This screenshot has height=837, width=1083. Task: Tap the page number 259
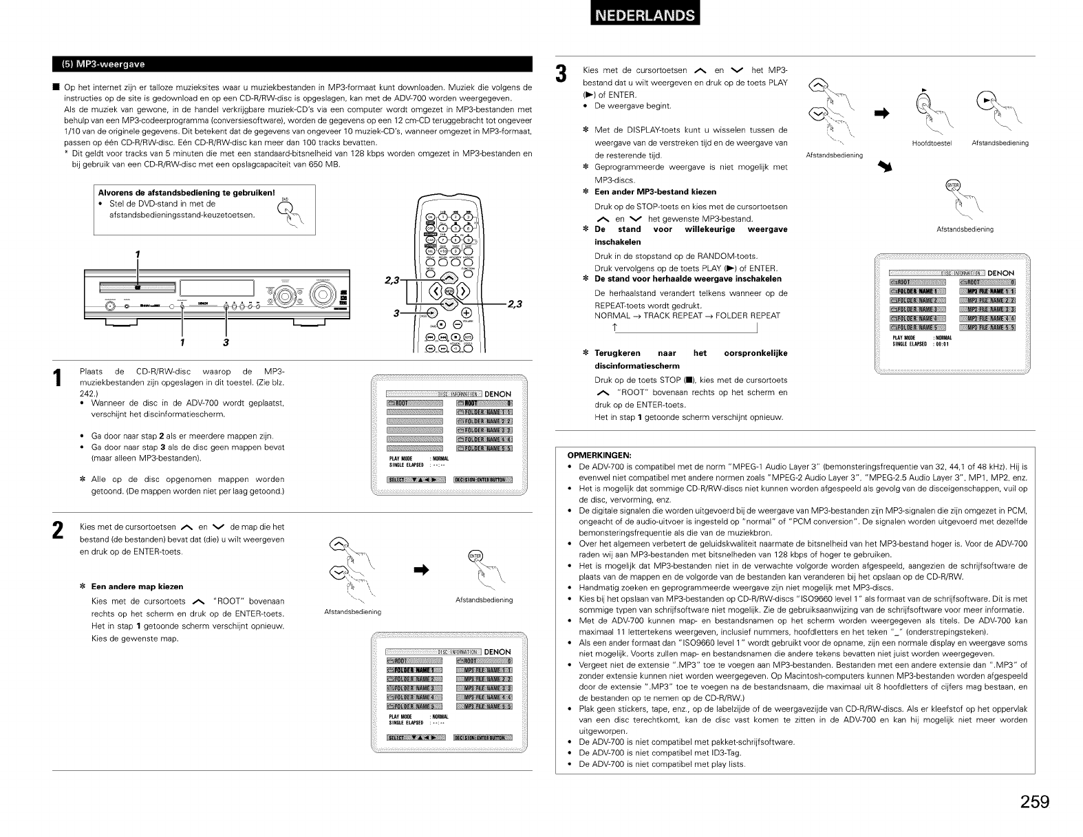1034,801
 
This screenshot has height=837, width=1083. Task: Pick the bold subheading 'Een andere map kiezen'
137,586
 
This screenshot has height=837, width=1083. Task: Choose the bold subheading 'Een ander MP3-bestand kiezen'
655,191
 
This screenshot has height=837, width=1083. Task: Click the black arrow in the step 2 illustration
421,569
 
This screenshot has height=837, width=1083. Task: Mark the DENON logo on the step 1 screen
497,394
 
